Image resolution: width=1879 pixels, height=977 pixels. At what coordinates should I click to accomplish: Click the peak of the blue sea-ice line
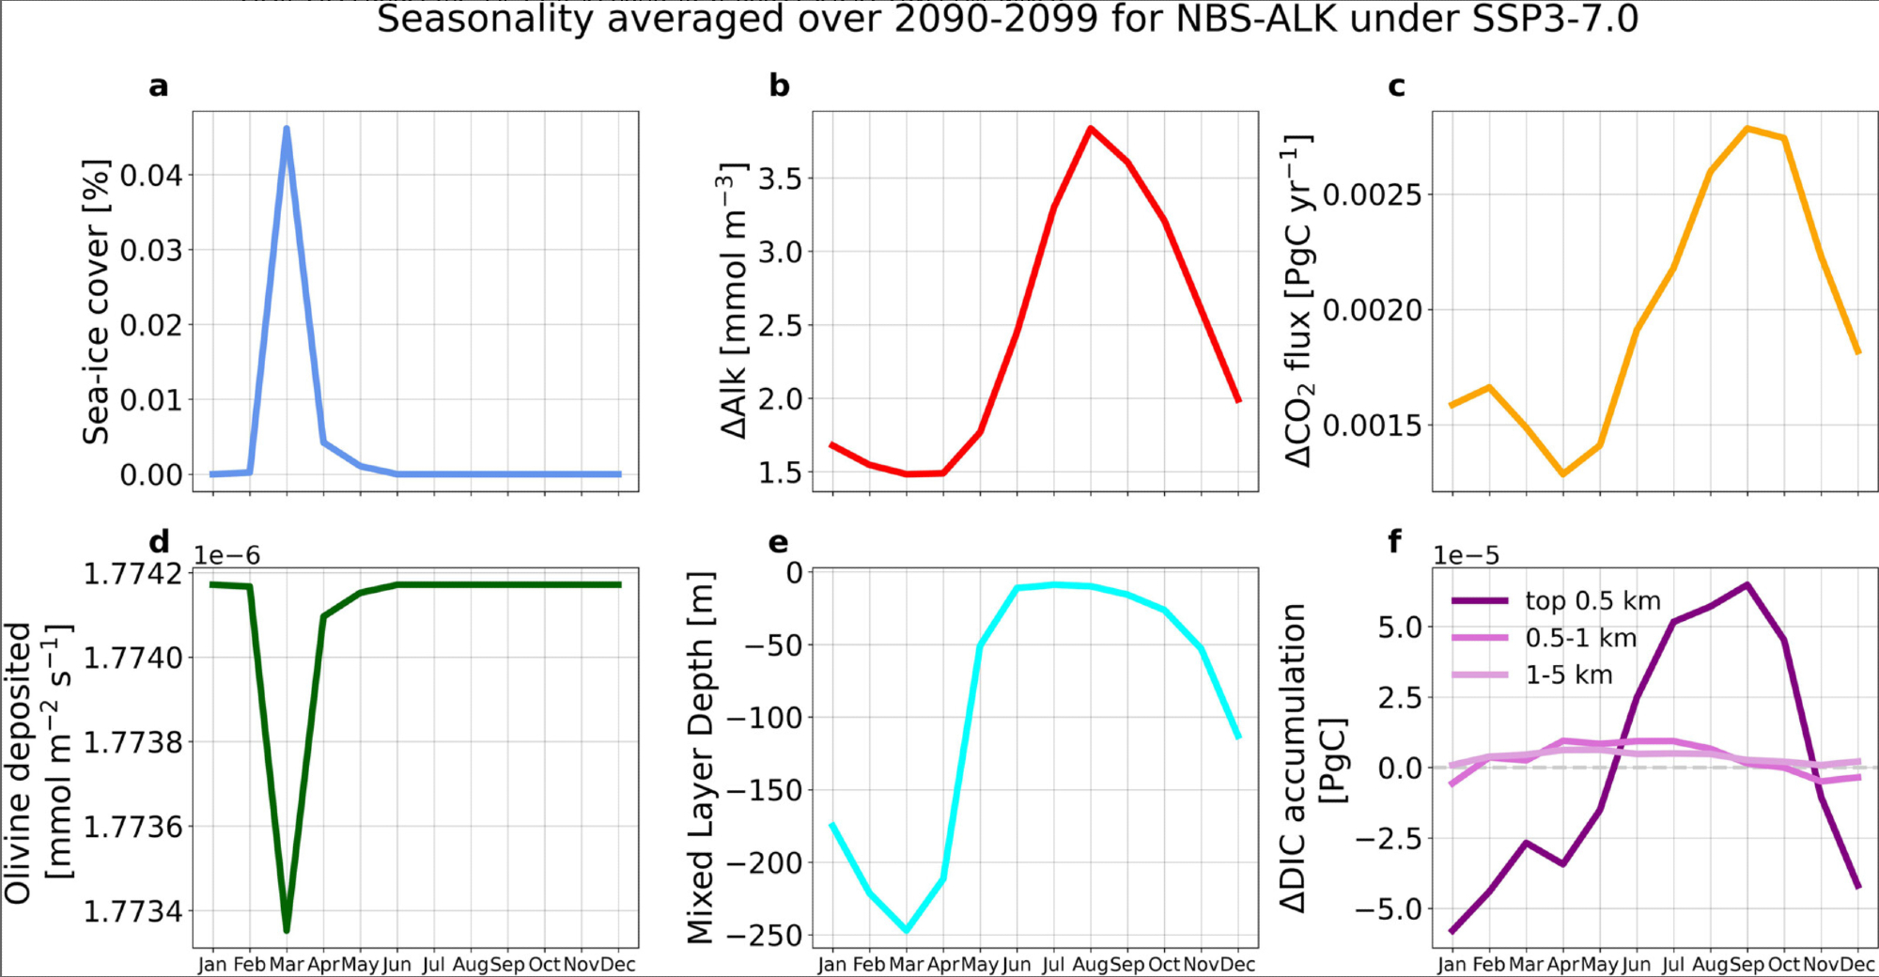[287, 129]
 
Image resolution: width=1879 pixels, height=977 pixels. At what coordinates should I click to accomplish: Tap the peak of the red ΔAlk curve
[1090, 128]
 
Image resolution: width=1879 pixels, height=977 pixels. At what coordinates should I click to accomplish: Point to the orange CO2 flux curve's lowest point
[1563, 474]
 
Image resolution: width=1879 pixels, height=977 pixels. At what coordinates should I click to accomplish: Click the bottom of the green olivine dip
[287, 930]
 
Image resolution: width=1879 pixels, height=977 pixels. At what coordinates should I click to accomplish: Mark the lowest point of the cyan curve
[907, 930]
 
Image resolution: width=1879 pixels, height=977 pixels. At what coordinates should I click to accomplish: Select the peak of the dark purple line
[1747, 585]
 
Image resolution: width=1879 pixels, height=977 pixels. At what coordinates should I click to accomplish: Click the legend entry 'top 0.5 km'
[1592, 600]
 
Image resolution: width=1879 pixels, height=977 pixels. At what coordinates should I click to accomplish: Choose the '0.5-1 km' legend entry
[1581, 638]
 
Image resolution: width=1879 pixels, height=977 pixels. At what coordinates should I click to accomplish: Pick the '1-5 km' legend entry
[1569, 675]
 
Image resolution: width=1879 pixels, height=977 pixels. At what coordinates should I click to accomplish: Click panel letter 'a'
[159, 86]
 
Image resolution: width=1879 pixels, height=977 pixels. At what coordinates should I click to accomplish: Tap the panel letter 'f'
[1395, 542]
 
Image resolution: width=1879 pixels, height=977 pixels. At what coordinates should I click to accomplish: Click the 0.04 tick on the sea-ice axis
[151, 176]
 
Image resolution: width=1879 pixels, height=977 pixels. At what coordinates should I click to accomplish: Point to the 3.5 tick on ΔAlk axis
[780, 178]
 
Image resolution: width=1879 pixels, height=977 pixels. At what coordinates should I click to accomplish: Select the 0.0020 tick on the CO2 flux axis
[1373, 310]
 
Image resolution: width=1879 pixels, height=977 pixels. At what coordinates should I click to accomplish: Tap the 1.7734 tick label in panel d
[133, 911]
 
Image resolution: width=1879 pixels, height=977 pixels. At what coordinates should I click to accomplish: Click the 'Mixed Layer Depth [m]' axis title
[702, 756]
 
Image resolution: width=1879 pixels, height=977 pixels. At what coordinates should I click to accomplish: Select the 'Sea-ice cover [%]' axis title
[96, 301]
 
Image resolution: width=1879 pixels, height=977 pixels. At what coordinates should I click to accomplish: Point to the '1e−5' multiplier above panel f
[1466, 555]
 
